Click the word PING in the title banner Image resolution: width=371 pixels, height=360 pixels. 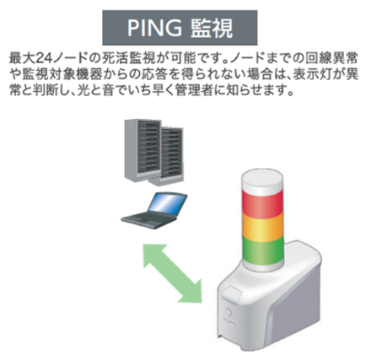(154, 28)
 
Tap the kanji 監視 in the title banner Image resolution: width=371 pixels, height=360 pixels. (212, 28)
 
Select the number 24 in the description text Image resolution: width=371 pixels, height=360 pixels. (43, 58)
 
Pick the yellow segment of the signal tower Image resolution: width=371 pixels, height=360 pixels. (262, 227)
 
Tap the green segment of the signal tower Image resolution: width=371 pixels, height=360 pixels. (262, 250)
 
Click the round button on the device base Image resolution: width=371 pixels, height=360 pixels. (229, 312)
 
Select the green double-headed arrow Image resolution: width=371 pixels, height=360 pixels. (173, 273)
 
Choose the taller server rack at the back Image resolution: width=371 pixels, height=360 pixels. (142, 149)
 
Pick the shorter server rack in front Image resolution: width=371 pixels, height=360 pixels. (168, 157)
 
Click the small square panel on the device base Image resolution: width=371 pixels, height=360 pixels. (232, 293)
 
